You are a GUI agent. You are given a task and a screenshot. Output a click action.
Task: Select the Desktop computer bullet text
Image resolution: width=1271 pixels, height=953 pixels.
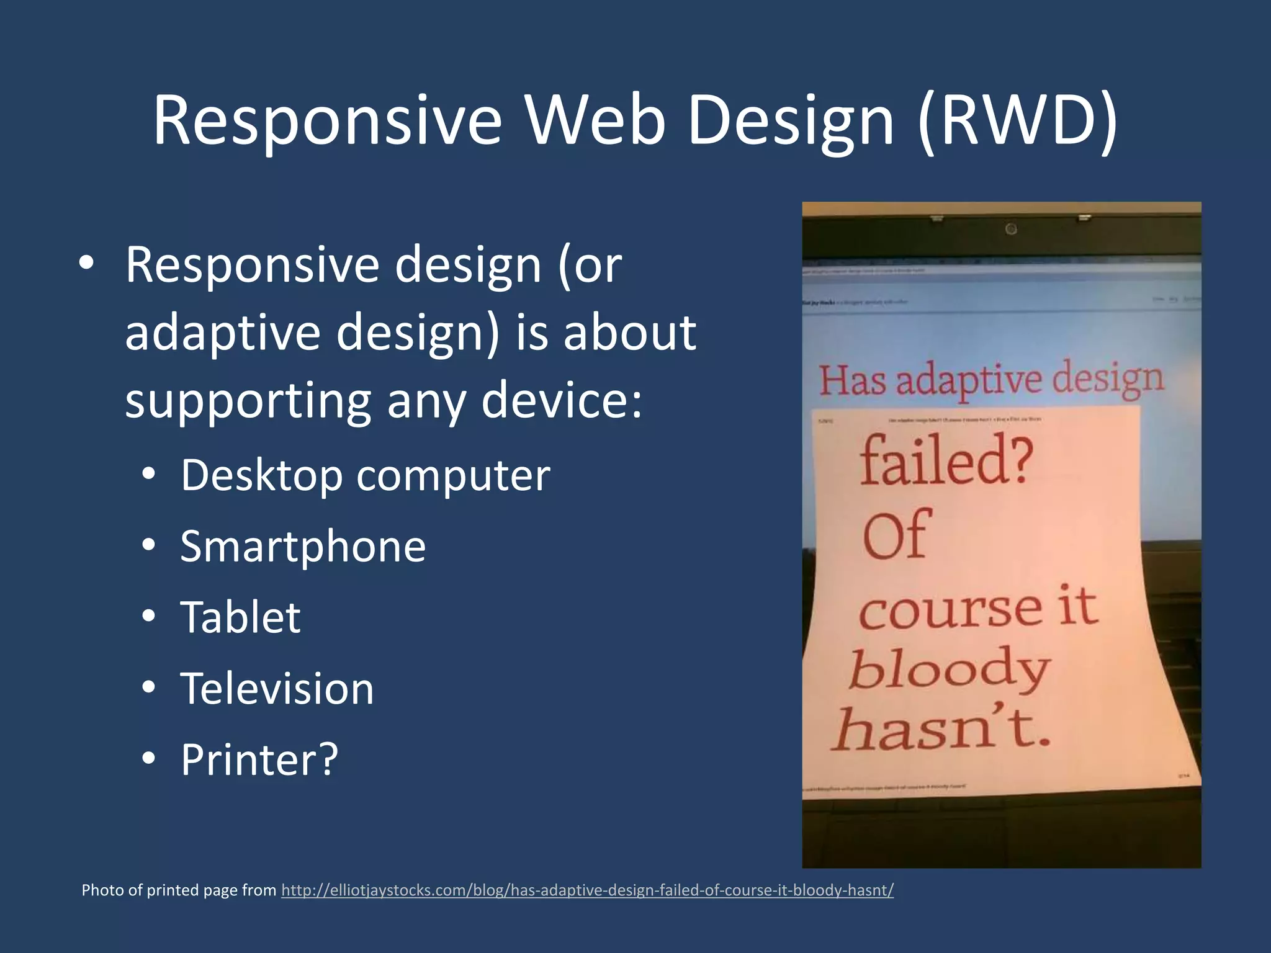click(x=365, y=475)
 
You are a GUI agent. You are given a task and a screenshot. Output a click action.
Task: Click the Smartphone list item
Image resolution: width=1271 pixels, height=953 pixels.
click(x=303, y=547)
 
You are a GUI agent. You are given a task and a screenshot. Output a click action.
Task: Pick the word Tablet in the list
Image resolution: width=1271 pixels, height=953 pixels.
click(x=240, y=617)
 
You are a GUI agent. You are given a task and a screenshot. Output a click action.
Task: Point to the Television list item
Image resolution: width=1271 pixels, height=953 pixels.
click(x=277, y=689)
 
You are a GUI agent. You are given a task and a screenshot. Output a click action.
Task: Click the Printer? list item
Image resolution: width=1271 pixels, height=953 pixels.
click(x=259, y=759)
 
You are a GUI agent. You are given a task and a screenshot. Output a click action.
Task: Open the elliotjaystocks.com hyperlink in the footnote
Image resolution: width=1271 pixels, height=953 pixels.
click(x=587, y=890)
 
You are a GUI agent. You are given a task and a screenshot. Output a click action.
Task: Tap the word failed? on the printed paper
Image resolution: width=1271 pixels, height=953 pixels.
click(x=946, y=460)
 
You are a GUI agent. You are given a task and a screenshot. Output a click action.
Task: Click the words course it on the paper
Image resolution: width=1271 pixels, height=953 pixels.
click(x=978, y=608)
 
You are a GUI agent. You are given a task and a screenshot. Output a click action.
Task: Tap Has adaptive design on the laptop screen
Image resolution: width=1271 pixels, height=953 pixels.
click(x=990, y=380)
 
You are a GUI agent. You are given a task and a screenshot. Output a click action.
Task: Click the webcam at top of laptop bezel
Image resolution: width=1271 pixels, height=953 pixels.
click(x=1011, y=229)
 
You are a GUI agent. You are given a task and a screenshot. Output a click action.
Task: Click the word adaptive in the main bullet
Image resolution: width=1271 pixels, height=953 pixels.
click(x=222, y=333)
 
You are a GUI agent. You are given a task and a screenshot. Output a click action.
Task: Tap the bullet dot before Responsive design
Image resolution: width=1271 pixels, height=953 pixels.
click(x=86, y=264)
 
